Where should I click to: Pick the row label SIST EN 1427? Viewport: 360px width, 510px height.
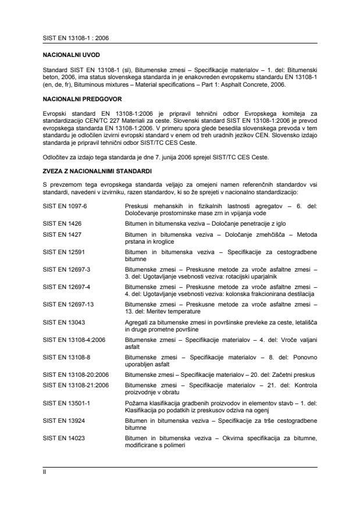59,233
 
